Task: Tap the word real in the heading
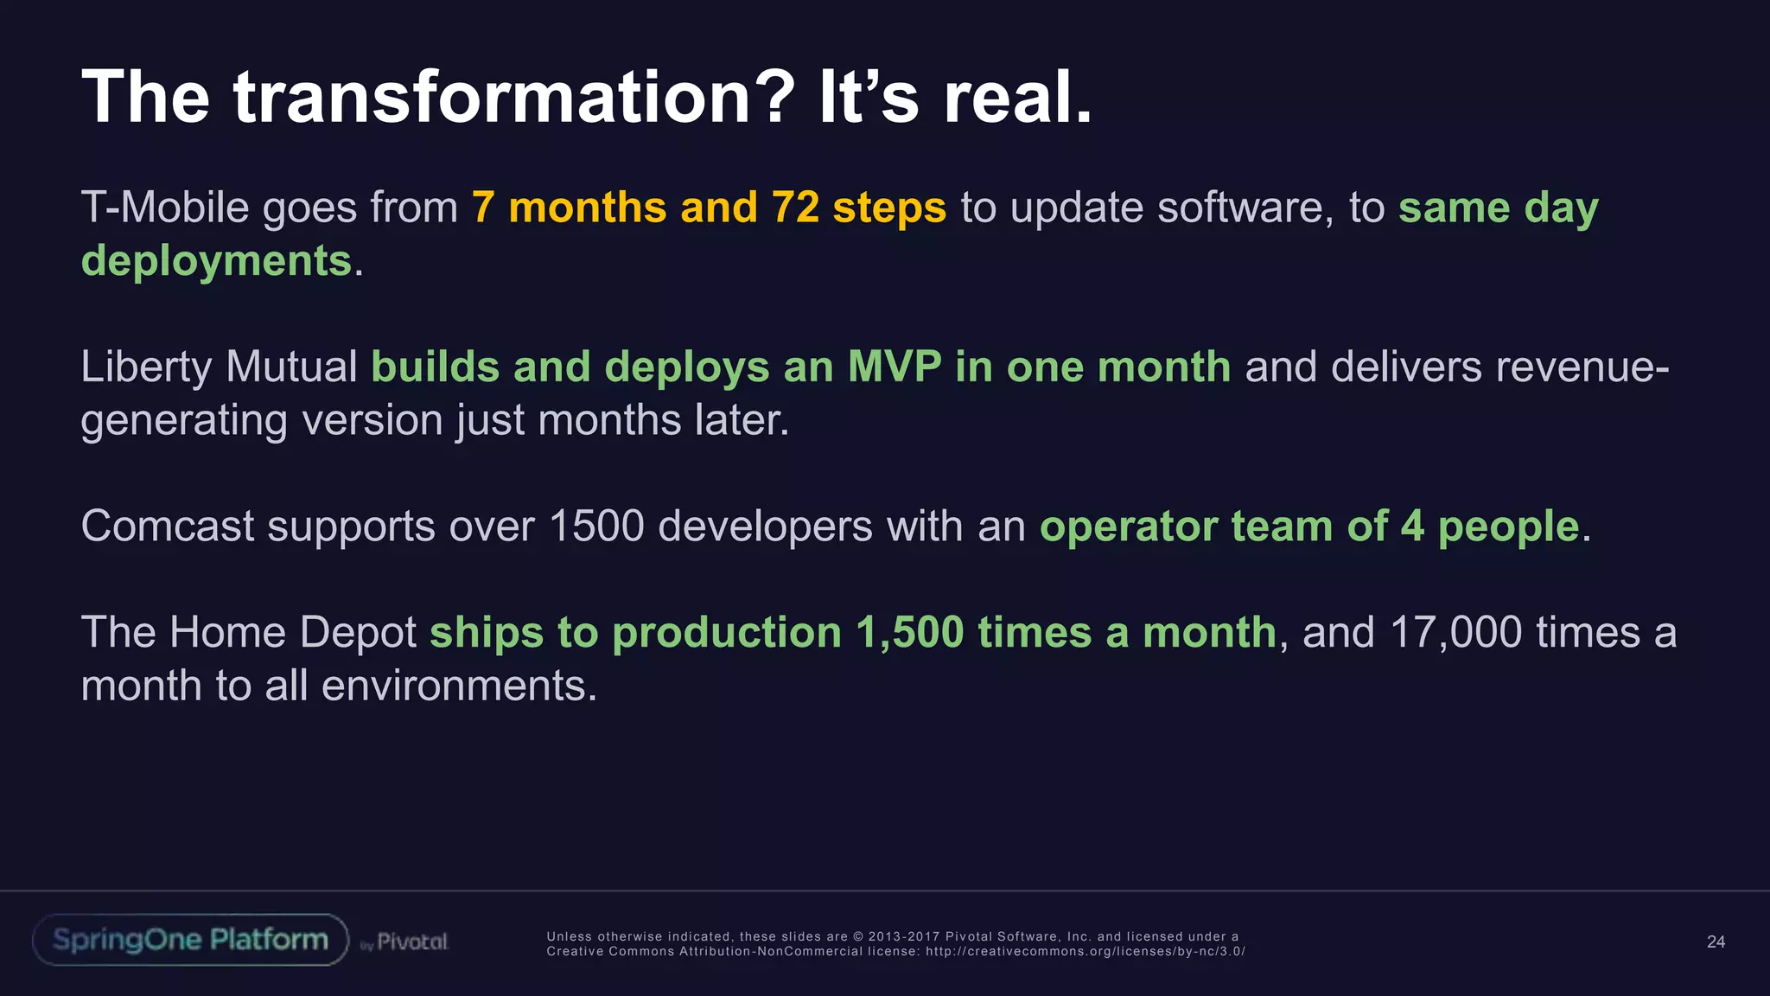pyautogui.click(x=1016, y=97)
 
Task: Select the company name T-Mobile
pyautogui.click(x=165, y=207)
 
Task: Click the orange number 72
pyautogui.click(x=795, y=207)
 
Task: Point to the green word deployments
pyautogui.click(x=216, y=261)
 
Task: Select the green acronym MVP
pyautogui.click(x=895, y=367)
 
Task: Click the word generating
pyautogui.click(x=184, y=421)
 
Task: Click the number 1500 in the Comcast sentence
pyautogui.click(x=596, y=526)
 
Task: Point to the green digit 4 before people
pyautogui.click(x=1412, y=526)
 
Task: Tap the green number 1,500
pyautogui.click(x=909, y=632)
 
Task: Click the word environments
pyautogui.click(x=459, y=686)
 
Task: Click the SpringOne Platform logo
pyautogui.click(x=190, y=940)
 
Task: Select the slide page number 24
pyautogui.click(x=1716, y=942)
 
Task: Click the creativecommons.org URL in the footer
pyautogui.click(x=1085, y=951)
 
